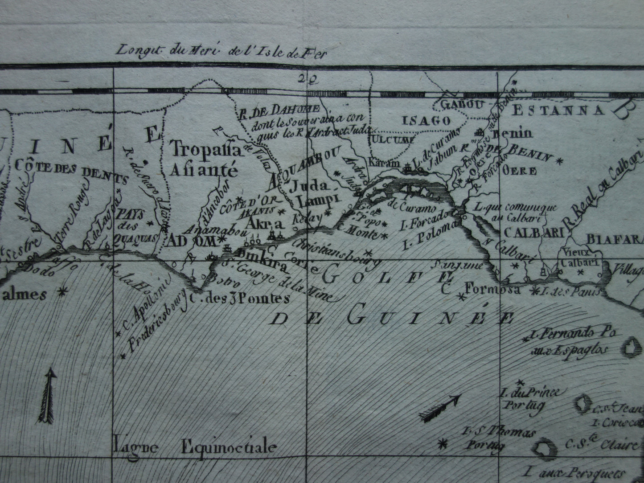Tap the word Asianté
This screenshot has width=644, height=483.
[205, 169]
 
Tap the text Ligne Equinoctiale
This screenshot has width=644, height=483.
[195, 446]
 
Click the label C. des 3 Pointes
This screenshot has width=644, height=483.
[239, 298]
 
